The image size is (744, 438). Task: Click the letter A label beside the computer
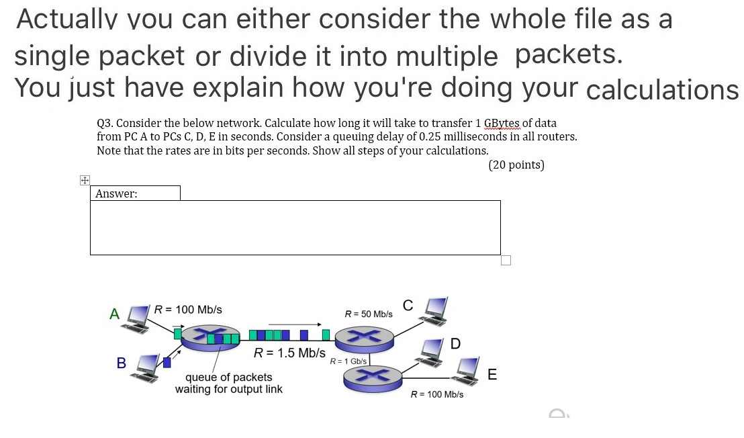[x=115, y=314]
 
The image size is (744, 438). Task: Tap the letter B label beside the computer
[x=122, y=363]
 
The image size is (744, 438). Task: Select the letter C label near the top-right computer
[x=408, y=306]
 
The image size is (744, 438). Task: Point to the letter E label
[x=492, y=375]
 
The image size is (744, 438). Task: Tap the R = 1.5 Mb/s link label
[x=289, y=353]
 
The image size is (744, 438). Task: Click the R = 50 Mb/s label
[x=368, y=314]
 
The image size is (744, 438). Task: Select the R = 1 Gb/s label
[x=348, y=361]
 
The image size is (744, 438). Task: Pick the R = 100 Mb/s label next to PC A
[x=188, y=310]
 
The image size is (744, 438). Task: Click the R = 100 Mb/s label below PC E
[x=436, y=394]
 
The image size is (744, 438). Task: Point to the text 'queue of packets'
[x=228, y=378]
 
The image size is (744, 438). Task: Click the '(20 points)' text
[x=516, y=165]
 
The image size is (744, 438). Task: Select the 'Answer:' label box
[x=135, y=193]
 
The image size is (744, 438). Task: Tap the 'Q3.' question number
[x=105, y=123]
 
